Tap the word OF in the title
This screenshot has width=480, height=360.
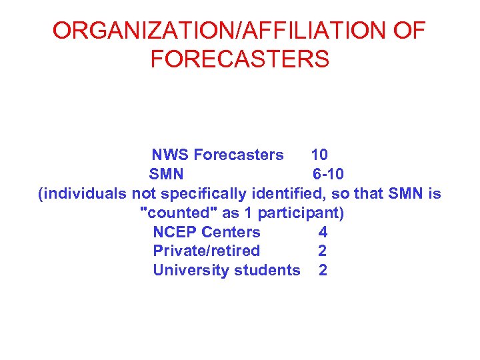click(x=409, y=31)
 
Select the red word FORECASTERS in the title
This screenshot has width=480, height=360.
click(x=240, y=59)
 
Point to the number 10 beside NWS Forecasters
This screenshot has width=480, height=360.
click(x=319, y=155)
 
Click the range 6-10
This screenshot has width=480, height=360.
click(x=329, y=175)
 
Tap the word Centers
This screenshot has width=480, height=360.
click(x=231, y=233)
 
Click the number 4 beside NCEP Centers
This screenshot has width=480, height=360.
click(x=323, y=233)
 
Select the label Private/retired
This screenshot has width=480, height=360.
click(x=207, y=251)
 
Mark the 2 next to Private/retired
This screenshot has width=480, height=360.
click(x=323, y=251)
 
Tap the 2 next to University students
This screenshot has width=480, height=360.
click(x=323, y=271)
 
